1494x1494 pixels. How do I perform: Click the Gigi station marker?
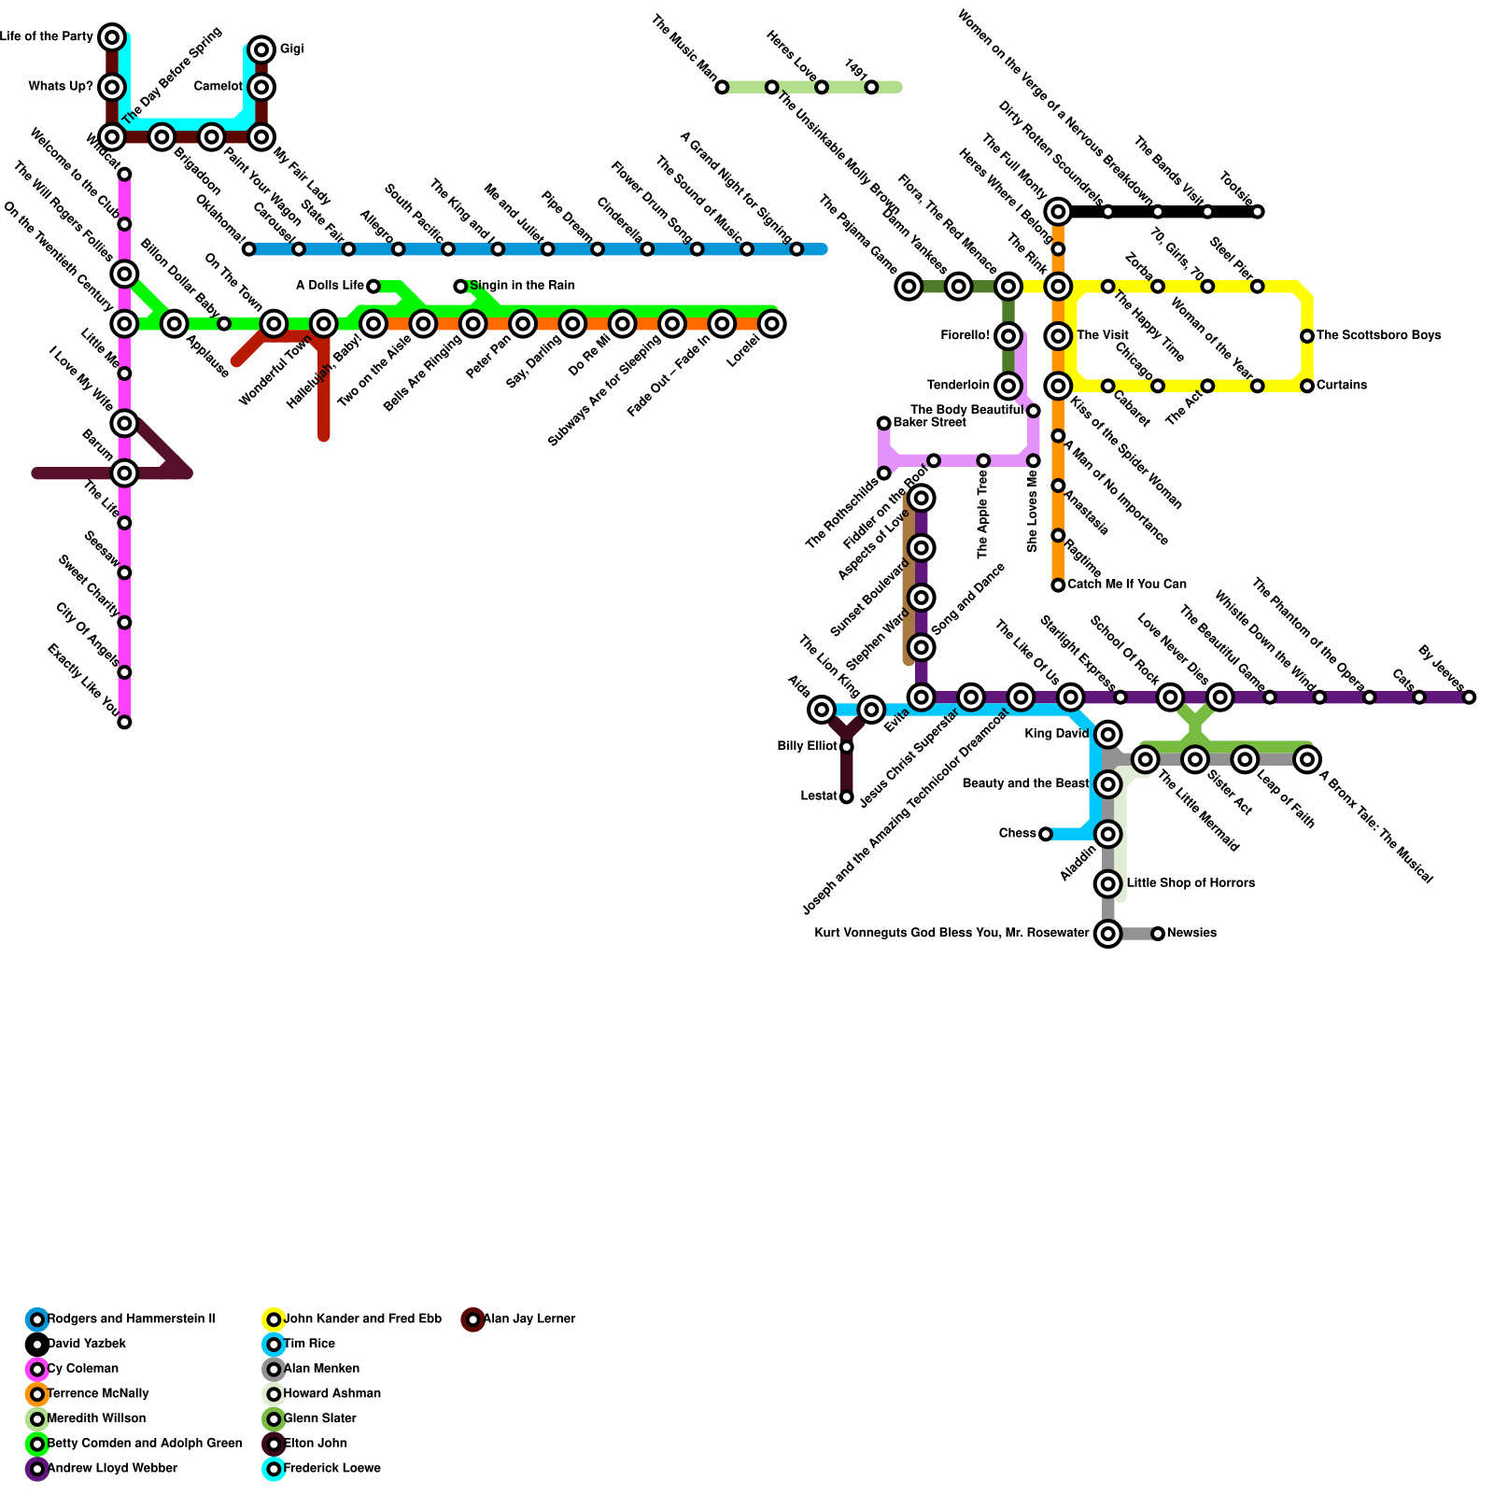point(261,49)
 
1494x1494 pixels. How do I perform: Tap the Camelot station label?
point(218,87)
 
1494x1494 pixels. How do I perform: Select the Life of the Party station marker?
point(112,37)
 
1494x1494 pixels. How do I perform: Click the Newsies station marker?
point(1158,934)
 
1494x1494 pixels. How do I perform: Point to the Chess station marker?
point(1046,834)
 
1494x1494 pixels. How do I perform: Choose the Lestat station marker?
point(846,796)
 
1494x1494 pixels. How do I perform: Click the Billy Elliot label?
point(807,747)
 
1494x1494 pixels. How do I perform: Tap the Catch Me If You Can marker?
point(1058,585)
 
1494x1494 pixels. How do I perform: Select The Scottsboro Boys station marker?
point(1307,336)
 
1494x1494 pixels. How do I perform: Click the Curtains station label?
point(1342,386)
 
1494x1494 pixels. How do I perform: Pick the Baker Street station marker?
point(883,423)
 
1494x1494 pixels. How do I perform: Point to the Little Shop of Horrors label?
point(1191,883)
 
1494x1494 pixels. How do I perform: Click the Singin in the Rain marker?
point(460,286)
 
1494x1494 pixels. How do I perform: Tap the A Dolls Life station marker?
point(373,286)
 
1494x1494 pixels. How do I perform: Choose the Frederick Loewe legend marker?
point(274,1469)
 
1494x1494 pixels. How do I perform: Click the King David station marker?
point(1107,734)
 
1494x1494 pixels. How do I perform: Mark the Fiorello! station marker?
point(1008,336)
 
